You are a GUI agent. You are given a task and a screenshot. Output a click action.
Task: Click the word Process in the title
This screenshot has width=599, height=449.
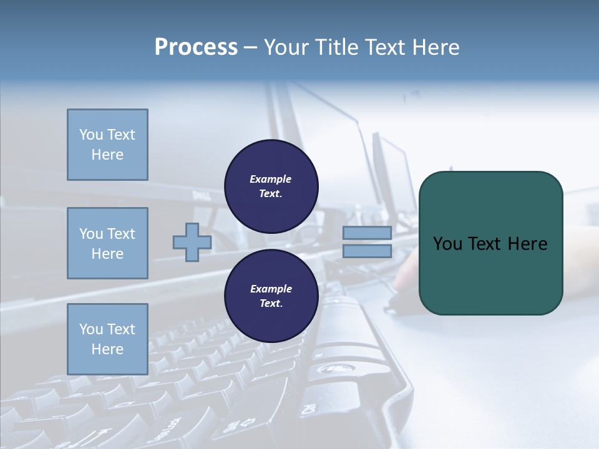(x=196, y=47)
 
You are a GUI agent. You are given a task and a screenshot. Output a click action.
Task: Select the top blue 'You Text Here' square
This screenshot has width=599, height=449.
(x=107, y=145)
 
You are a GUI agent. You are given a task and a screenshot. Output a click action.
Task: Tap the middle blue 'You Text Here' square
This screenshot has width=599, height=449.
(x=107, y=243)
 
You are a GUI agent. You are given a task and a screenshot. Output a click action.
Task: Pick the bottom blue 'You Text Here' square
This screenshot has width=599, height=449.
(x=107, y=339)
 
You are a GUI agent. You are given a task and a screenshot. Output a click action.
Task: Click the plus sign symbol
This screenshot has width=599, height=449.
(x=192, y=243)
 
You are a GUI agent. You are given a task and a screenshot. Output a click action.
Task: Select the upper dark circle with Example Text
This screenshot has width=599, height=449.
(x=271, y=186)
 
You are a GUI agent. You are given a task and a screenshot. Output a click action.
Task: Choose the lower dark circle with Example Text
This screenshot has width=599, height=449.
(x=271, y=296)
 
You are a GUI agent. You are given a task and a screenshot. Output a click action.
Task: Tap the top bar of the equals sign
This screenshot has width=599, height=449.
(x=367, y=233)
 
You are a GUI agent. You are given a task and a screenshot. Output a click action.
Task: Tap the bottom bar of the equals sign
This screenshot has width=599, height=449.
(x=367, y=251)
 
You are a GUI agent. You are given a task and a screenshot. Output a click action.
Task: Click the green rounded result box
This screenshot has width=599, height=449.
(x=490, y=274)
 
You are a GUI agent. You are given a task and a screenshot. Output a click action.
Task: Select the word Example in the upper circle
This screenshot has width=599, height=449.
(x=271, y=179)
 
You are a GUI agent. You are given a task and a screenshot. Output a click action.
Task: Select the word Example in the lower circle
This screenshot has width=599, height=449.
(x=271, y=289)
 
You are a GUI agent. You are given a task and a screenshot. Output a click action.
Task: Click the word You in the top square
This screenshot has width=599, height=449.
(x=90, y=135)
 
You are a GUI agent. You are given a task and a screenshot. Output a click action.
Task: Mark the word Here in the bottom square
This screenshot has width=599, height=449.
(x=107, y=349)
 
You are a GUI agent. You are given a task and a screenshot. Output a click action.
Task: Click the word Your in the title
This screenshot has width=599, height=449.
(x=287, y=47)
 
